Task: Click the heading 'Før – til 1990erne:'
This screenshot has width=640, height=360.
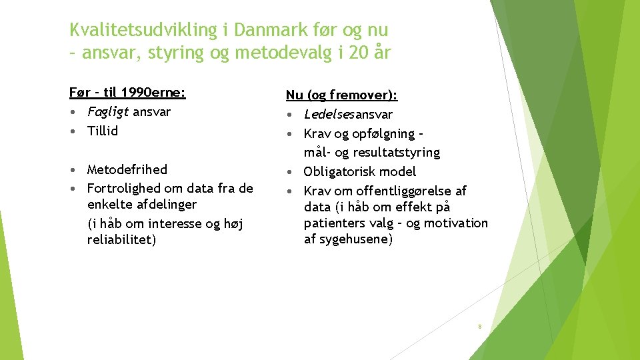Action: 127,92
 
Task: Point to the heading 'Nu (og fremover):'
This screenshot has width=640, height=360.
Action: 342,95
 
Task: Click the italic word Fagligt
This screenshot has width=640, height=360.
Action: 108,112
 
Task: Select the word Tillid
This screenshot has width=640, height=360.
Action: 103,131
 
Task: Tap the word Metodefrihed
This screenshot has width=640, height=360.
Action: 127,169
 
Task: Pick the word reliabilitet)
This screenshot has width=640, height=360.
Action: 121,239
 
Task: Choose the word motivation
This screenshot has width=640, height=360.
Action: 457,223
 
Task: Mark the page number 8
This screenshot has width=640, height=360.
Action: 479,327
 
